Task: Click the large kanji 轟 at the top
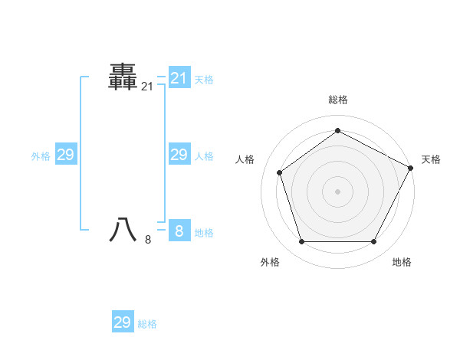[123, 77]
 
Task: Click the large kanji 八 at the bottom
[123, 230]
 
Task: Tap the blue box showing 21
[179, 78]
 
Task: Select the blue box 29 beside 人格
[179, 155]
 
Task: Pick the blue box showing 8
[179, 231]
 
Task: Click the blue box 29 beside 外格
[65, 155]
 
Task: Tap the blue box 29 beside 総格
[122, 322]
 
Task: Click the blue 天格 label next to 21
[203, 79]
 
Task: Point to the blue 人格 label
[203, 156]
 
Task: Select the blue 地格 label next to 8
[203, 233]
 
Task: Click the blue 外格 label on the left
[41, 156]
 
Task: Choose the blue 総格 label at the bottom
[147, 324]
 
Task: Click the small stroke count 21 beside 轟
[147, 87]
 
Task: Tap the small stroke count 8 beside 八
[148, 240]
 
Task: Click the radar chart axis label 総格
[337, 100]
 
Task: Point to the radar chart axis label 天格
[431, 159]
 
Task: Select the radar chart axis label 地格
[402, 262]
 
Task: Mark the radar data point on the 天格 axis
[411, 167]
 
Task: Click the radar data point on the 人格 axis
[280, 172]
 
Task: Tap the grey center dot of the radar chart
[337, 191]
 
